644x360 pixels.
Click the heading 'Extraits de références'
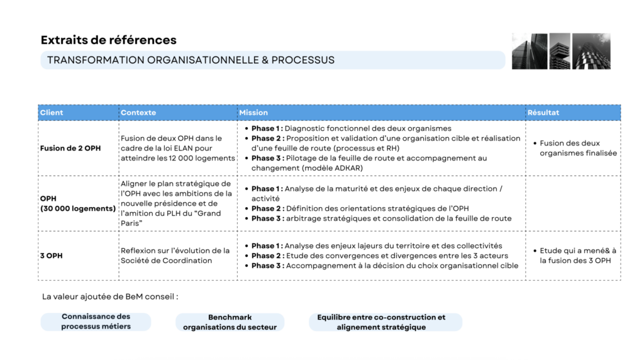pos(108,40)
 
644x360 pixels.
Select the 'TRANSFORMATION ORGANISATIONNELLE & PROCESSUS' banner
pos(191,60)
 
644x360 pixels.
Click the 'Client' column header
pos(52,113)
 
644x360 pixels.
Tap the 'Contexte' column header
pos(138,113)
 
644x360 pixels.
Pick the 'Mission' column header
pos(253,113)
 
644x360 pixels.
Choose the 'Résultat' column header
pos(543,113)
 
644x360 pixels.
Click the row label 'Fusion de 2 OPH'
pos(70,149)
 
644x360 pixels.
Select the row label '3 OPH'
pos(52,256)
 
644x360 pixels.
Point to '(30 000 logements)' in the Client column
pos(78,208)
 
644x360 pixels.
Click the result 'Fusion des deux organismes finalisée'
pos(577,149)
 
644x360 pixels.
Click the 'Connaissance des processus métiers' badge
pos(96,322)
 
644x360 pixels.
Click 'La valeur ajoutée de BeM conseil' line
pos(110,296)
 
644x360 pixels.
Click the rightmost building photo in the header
pos(591,51)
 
